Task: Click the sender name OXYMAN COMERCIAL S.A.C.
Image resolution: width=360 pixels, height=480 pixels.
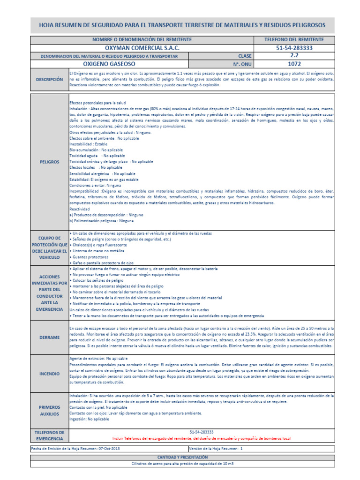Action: click(x=142, y=48)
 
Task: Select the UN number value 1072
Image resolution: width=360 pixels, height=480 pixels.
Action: click(x=294, y=64)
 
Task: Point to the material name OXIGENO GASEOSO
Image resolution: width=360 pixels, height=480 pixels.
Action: click(x=109, y=64)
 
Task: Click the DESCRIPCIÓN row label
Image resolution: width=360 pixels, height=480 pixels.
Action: click(x=49, y=80)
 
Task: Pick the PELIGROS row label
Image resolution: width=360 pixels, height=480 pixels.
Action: click(x=49, y=162)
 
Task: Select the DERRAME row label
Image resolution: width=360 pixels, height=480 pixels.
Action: click(x=49, y=337)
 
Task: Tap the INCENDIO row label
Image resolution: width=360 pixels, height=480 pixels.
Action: click(x=49, y=374)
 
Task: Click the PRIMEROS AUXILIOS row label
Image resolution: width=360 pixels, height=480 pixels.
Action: click(x=49, y=411)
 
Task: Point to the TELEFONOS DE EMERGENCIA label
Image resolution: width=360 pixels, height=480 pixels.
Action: click(x=49, y=435)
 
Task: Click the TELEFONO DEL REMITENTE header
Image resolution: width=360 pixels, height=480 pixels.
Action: click(x=294, y=40)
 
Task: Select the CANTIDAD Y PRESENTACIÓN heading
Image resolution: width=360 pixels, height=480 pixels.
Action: click(x=182, y=457)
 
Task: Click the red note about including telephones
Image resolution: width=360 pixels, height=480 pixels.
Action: click(x=202, y=438)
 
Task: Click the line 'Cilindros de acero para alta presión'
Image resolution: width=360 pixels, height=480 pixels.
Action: click(x=182, y=463)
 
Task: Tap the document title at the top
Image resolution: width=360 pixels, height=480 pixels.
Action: click(x=182, y=25)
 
